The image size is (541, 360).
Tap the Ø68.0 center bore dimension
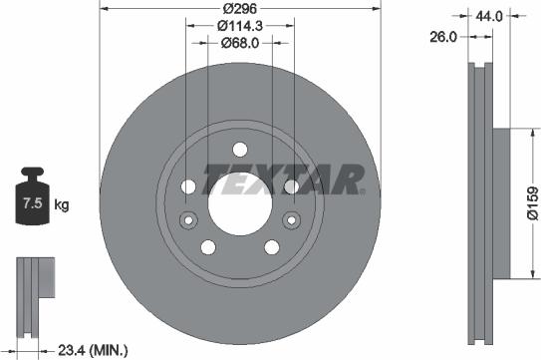239,42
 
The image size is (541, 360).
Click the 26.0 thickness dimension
443,36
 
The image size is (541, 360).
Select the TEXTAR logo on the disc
283,180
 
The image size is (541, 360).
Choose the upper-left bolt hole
188,187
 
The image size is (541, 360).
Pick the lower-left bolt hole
207,248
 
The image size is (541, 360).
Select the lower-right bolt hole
271,248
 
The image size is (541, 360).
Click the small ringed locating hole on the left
184,220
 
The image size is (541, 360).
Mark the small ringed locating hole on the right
294,220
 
